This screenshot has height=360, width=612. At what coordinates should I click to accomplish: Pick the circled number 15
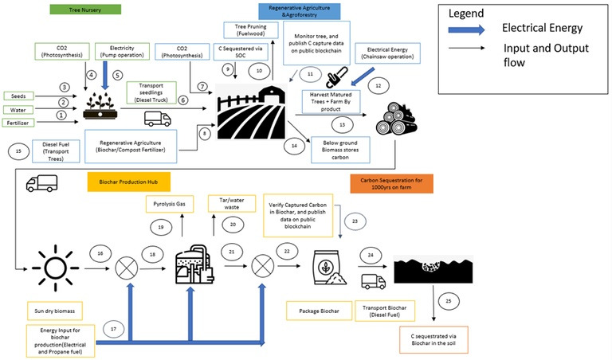(18, 150)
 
